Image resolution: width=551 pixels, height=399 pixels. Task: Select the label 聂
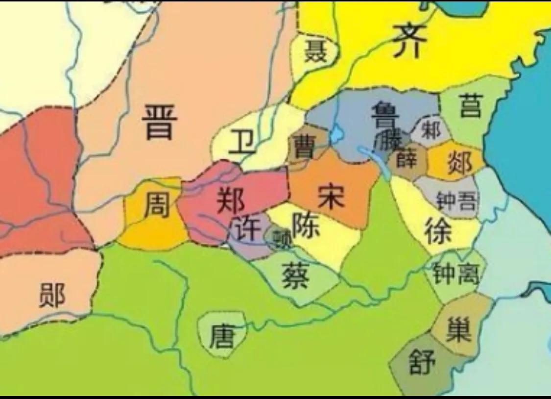pos(315,51)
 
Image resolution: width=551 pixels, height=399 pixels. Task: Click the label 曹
pos(303,146)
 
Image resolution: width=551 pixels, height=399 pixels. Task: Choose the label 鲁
pos(385,114)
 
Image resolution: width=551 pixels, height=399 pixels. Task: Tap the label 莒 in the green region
pos(471,106)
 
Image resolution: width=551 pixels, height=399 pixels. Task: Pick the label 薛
pos(406,158)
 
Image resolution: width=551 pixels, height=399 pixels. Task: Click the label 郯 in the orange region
pos(459,161)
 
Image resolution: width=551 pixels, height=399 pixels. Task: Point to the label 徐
pos(438,230)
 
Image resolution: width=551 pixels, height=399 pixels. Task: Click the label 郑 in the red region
pos(231,199)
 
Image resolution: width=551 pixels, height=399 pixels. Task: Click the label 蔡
pos(295,276)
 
